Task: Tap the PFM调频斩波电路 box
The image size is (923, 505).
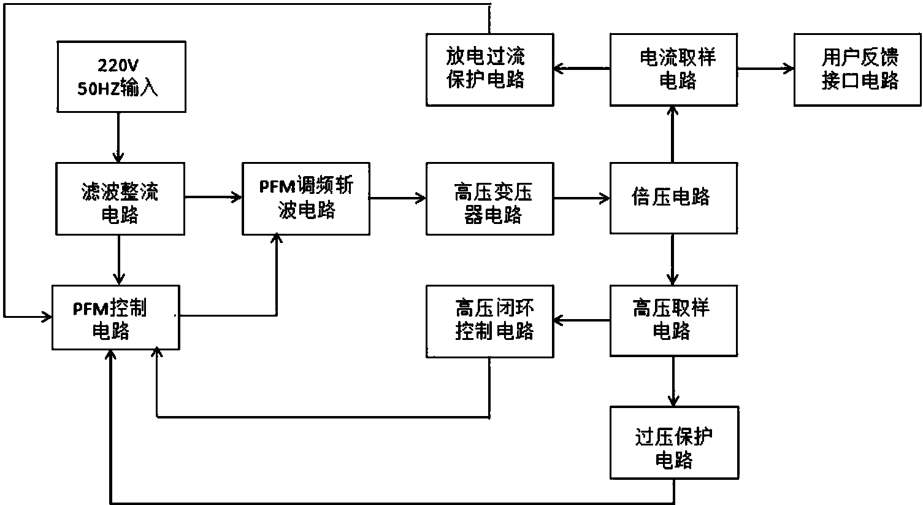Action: click(305, 199)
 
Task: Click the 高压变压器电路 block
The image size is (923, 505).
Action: click(489, 199)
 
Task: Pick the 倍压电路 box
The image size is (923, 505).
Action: click(673, 199)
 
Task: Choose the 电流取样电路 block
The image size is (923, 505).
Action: click(673, 69)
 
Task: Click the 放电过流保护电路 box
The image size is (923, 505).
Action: click(489, 69)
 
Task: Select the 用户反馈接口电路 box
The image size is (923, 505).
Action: click(857, 69)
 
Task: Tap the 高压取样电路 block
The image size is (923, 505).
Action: click(673, 320)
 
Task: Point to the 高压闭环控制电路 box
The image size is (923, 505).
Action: click(489, 320)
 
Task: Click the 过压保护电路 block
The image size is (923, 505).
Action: click(673, 442)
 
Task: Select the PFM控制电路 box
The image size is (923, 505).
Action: click(115, 317)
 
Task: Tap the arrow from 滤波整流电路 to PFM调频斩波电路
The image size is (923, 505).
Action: click(213, 197)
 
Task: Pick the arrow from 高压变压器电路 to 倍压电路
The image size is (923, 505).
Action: click(581, 198)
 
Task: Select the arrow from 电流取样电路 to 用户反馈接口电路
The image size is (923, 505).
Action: click(765, 69)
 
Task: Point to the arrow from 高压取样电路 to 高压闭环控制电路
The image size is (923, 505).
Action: click(581, 320)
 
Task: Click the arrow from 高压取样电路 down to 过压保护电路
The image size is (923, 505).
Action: click(673, 381)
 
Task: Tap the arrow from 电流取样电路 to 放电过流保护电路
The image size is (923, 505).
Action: click(581, 69)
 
